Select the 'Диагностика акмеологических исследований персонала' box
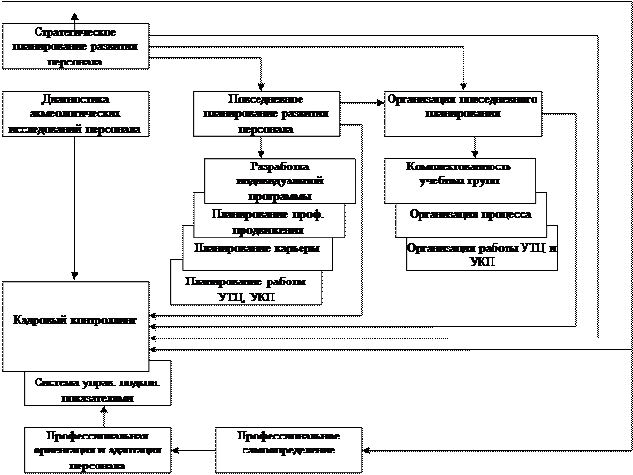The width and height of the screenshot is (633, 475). [x=75, y=113]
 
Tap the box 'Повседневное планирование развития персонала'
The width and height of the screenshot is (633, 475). [x=265, y=113]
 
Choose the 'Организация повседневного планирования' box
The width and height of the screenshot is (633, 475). [x=463, y=113]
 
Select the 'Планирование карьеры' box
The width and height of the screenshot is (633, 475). [x=256, y=249]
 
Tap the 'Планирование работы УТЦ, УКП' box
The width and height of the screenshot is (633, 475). [x=245, y=288]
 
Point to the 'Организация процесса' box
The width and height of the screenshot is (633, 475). [x=470, y=215]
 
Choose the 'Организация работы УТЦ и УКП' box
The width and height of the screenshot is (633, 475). [x=481, y=254]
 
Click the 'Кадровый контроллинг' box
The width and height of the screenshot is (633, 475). [x=75, y=321]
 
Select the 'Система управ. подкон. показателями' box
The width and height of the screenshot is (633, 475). [x=97, y=390]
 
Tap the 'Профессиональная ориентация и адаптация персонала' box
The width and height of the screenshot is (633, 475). [x=97, y=450]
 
